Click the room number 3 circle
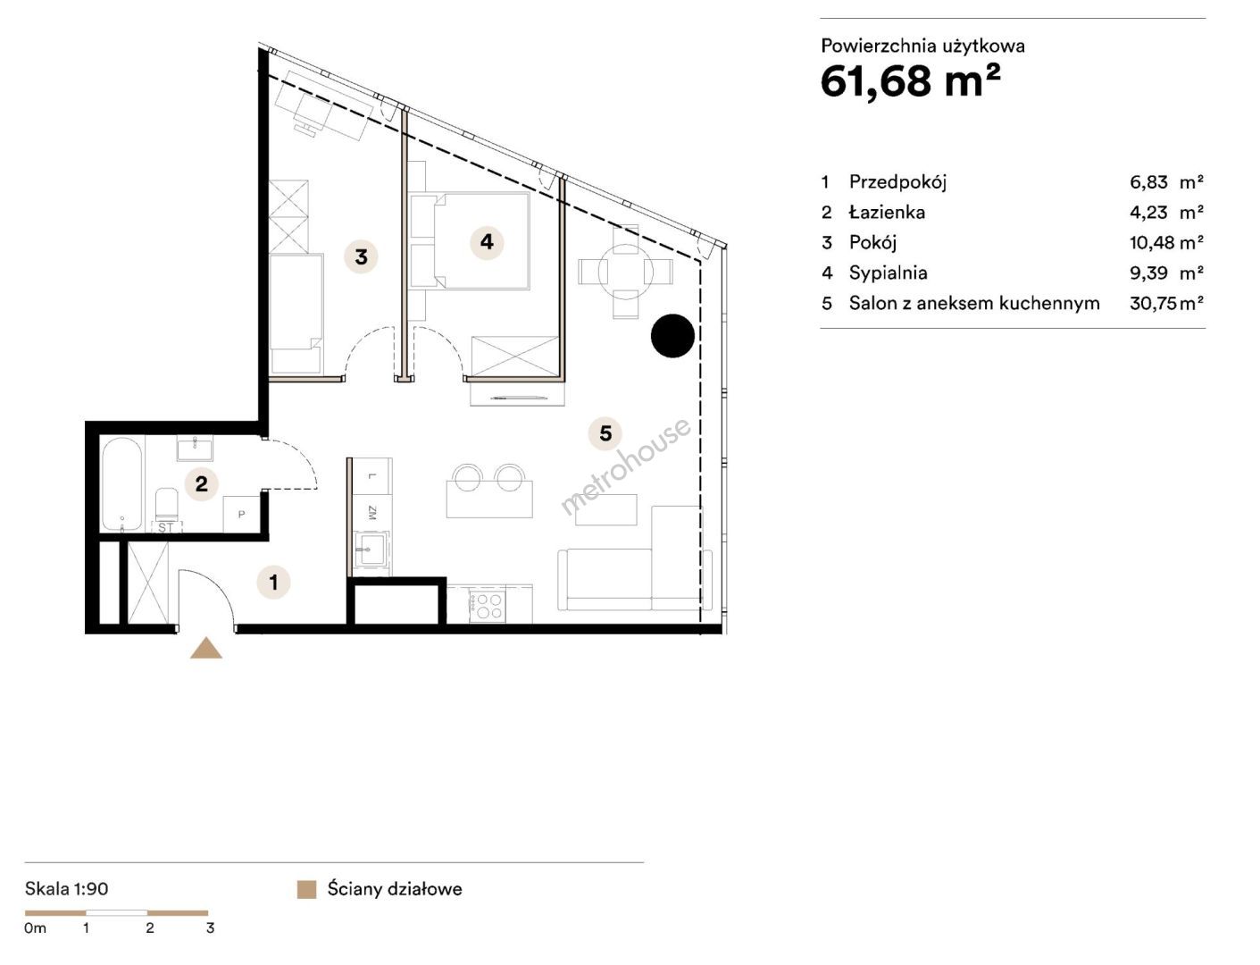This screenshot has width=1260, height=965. (361, 256)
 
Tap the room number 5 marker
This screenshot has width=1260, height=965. (605, 433)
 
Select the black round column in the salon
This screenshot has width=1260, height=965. (672, 336)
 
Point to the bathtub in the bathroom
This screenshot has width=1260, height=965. (121, 484)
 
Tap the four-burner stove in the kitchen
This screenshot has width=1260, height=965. (487, 605)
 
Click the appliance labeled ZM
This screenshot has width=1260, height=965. (372, 512)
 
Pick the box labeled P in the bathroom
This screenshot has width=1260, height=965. (242, 514)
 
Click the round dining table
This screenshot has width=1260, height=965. (625, 271)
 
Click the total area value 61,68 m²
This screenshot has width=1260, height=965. (911, 81)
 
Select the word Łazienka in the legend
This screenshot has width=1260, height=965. (887, 213)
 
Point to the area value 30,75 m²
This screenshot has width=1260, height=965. (1166, 303)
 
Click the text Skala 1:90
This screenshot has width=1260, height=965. (67, 889)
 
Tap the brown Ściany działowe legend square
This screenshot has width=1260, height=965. (306, 890)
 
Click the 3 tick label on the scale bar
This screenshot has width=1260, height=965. (210, 927)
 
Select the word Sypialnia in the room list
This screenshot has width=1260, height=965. (888, 273)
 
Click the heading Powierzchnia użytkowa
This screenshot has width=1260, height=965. (922, 46)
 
